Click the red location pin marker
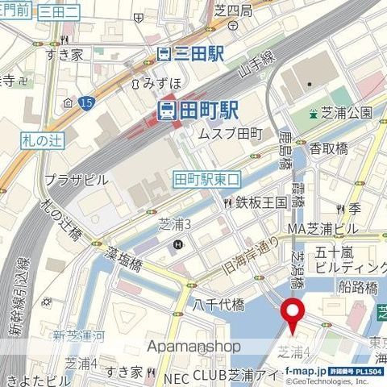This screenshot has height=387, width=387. click(x=291, y=314)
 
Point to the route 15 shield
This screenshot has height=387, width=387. click(x=86, y=101)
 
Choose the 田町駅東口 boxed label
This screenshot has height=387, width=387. click(x=206, y=179)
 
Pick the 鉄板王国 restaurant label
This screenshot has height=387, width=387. click(x=260, y=202)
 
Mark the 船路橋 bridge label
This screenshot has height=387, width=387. click(x=358, y=287)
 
